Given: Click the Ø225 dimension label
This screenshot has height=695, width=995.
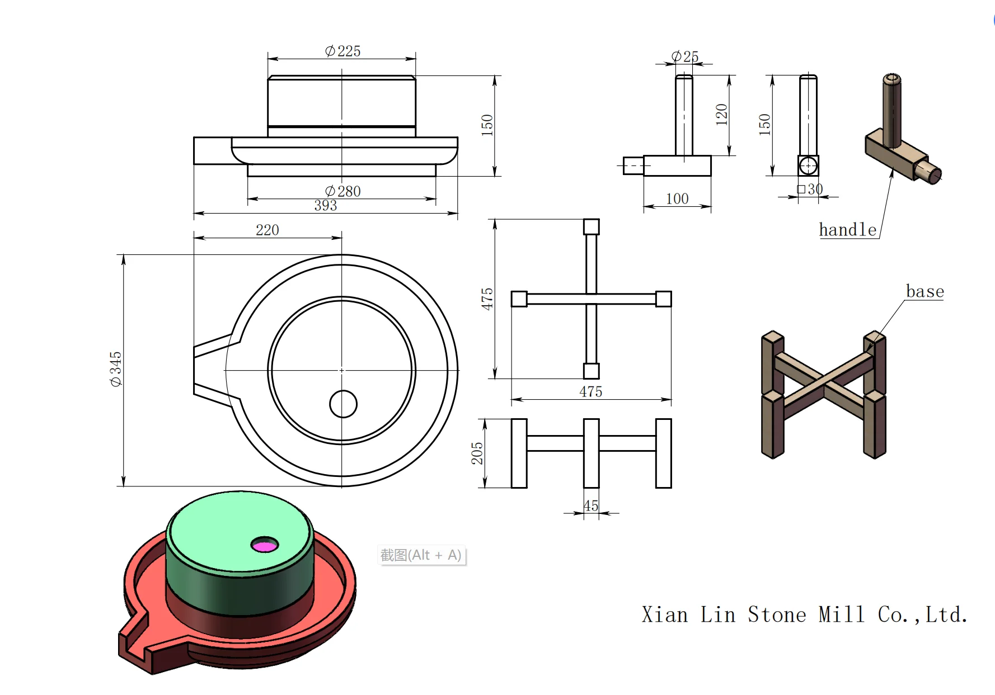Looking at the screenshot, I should pos(342,51).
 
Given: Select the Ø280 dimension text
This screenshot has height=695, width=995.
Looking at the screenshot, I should pos(342,191).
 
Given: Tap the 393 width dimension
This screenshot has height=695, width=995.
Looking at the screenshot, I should pos(325,206).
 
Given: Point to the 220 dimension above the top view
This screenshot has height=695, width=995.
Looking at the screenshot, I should pos(267,230).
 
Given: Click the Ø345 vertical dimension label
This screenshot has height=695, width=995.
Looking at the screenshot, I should pos(116,369).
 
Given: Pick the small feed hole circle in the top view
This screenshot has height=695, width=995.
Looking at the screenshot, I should pos(343,404).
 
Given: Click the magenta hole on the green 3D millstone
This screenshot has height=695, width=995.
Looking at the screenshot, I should pos(264,545).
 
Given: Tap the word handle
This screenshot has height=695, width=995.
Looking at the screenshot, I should pos(847,230).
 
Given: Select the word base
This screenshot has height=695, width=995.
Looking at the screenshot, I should pos(924,291).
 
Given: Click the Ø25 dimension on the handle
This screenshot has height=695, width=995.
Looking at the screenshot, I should pos(685,56).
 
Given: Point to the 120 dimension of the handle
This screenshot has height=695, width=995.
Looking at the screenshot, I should pos(721,115).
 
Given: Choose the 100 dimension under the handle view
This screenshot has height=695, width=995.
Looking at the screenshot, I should pos(677,198).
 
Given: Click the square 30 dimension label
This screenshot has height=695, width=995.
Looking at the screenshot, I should pos(810,189).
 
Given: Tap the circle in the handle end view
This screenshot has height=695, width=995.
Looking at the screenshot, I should pos(808,166).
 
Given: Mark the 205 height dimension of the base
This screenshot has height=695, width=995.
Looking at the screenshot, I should pos(477,453).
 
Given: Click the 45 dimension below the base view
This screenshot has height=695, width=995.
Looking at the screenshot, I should pos(591,506).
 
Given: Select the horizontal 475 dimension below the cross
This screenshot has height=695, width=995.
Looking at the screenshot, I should pos(590,391).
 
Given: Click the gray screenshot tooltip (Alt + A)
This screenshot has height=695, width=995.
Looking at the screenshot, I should pos(421,555).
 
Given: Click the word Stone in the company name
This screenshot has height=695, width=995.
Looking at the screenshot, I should pos(777,614).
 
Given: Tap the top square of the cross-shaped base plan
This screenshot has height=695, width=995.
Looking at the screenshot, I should pos(591,226).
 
